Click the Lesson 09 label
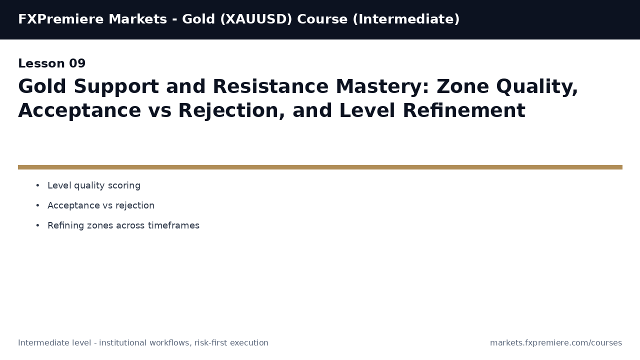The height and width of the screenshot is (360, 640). [52, 64]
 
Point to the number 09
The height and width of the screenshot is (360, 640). [77, 64]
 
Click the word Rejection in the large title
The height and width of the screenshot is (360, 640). [231, 111]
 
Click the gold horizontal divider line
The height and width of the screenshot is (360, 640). [320, 167]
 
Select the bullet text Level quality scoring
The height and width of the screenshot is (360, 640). [94, 186]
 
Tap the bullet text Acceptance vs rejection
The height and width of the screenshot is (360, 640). [101, 206]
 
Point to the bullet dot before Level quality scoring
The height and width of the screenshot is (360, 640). [37, 186]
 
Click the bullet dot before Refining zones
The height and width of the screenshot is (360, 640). [37, 226]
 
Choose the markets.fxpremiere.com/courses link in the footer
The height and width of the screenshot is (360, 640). [556, 343]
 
